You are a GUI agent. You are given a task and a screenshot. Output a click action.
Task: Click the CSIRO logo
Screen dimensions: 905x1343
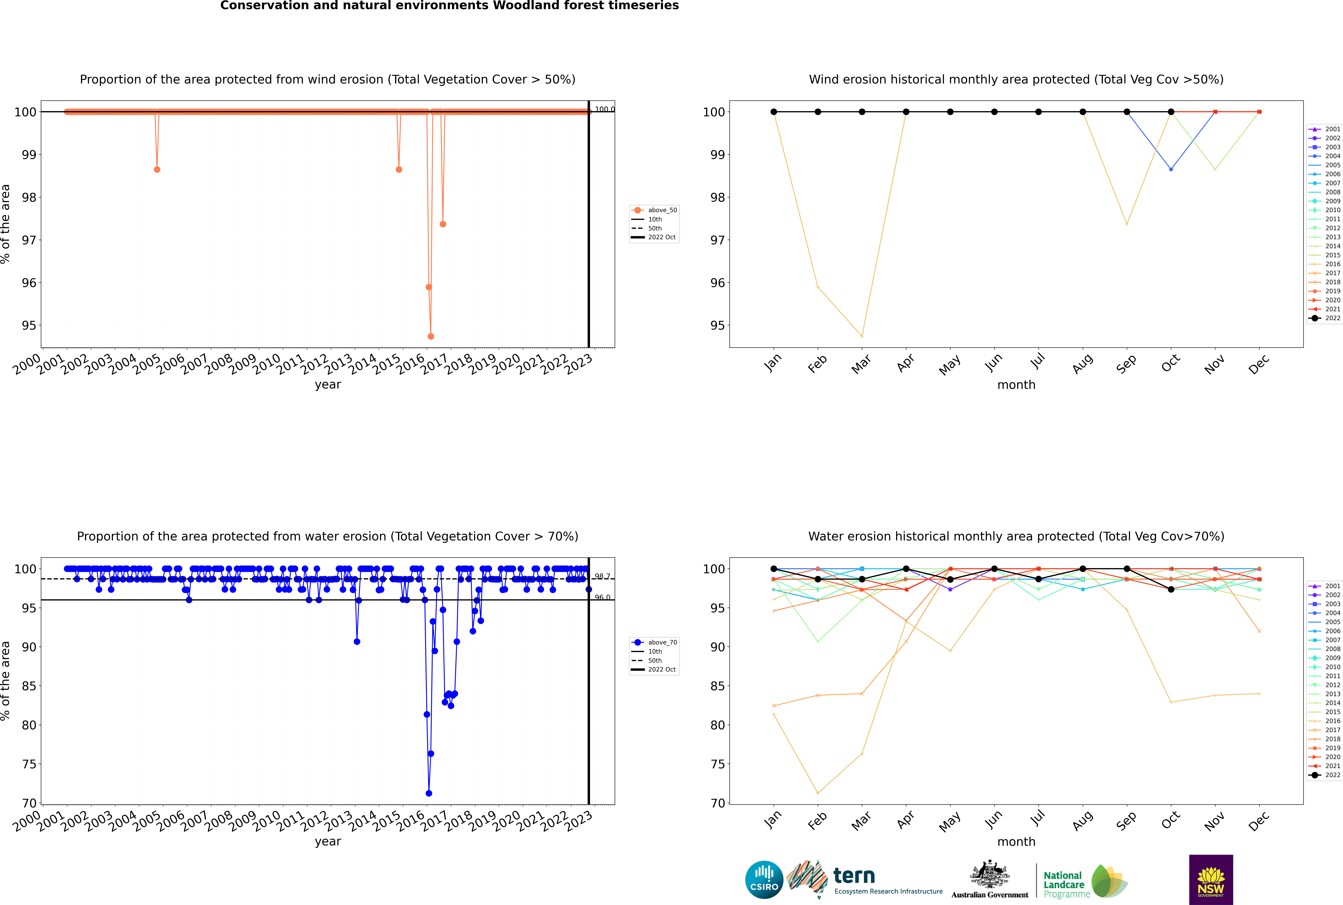[764, 880]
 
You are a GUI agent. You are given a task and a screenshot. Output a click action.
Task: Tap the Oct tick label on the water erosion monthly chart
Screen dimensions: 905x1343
[1170, 821]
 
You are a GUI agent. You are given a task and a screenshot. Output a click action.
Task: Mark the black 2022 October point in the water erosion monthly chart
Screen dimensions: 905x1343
[1171, 589]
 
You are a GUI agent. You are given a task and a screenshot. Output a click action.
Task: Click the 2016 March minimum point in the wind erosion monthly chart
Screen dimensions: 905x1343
[862, 336]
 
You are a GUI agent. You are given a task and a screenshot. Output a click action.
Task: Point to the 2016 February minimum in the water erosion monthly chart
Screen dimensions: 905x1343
[818, 793]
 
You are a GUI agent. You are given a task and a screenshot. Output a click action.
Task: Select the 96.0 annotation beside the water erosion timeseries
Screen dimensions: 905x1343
[602, 597]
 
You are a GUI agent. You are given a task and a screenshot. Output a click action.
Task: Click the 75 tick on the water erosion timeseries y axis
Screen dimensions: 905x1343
[29, 764]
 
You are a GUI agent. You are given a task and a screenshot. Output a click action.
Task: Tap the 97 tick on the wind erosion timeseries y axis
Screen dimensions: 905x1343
[29, 240]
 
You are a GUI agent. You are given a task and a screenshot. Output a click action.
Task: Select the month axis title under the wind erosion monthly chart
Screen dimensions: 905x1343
[1016, 385]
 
